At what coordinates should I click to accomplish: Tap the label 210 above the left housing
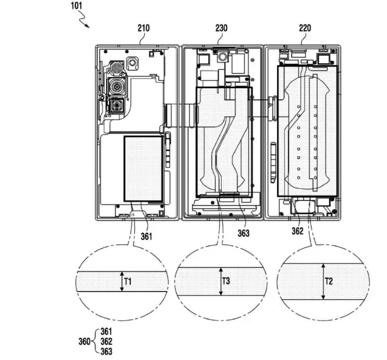(144, 27)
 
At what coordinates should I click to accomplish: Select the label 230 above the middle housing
(221, 27)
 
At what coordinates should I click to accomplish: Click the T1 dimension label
(128, 280)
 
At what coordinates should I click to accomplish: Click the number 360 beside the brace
(85, 341)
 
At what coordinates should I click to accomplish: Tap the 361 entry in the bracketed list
(107, 331)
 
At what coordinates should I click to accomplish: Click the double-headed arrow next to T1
(122, 281)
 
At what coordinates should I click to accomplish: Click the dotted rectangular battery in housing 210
(144, 168)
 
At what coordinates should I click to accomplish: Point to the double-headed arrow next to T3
(220, 281)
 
